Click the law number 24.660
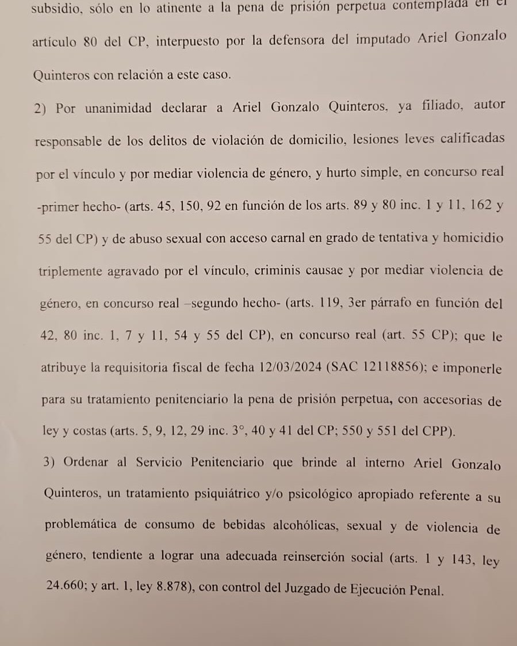pos(66,590)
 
